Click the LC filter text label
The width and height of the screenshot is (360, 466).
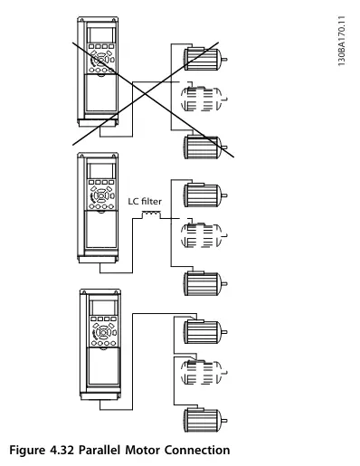[x=145, y=201]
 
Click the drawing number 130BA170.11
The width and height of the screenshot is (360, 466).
[x=341, y=41]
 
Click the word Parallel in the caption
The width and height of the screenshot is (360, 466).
[x=99, y=450]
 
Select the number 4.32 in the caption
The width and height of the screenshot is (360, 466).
[x=62, y=450]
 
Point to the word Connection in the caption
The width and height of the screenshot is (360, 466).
[x=197, y=450]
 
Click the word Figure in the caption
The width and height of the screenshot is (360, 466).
[x=27, y=451]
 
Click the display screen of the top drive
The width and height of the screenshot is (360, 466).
[x=101, y=35]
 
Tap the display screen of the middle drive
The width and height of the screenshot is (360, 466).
[x=101, y=171]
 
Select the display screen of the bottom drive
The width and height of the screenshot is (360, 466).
[x=104, y=308]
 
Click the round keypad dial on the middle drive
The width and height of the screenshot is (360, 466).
[x=101, y=196]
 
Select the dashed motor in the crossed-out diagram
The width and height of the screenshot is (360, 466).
[x=204, y=99]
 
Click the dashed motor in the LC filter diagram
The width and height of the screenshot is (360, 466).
[x=204, y=235]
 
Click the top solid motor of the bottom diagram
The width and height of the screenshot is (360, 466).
[x=205, y=332]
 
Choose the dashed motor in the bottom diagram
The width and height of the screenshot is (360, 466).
[x=204, y=372]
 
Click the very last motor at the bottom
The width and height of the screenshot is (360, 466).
[x=205, y=420]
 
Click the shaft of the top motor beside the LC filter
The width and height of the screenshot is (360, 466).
[x=224, y=195]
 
